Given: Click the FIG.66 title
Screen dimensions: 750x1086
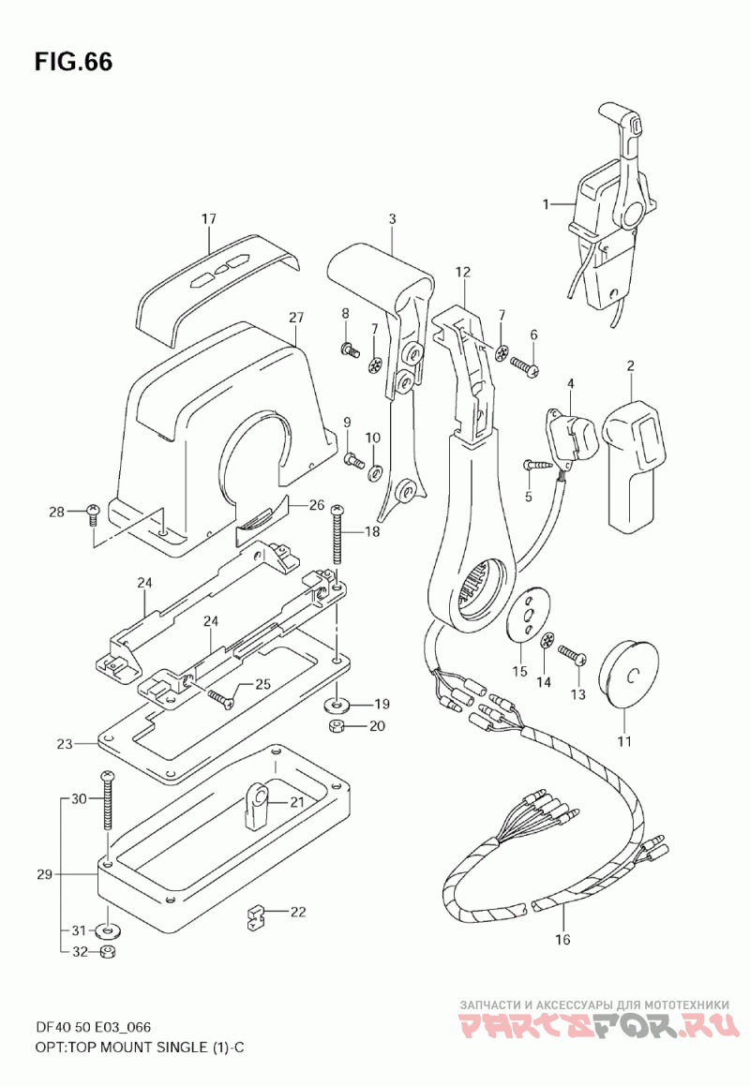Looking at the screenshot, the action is click(x=73, y=62).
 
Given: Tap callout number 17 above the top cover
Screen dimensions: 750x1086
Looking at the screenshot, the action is click(x=209, y=219).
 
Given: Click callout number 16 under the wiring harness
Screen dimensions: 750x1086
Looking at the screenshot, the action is click(x=562, y=939).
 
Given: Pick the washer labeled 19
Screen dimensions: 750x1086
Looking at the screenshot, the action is click(x=337, y=706).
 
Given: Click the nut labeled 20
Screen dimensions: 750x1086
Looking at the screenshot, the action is click(x=337, y=726).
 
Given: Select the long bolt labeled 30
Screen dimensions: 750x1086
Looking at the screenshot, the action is click(x=108, y=800).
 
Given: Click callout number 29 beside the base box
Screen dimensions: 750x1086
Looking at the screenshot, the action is click(x=45, y=874).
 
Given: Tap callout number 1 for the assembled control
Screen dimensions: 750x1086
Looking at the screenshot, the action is click(x=546, y=203).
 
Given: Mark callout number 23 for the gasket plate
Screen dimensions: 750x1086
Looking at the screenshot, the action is click(x=65, y=745).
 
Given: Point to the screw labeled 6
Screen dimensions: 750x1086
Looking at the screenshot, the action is click(x=525, y=365).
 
